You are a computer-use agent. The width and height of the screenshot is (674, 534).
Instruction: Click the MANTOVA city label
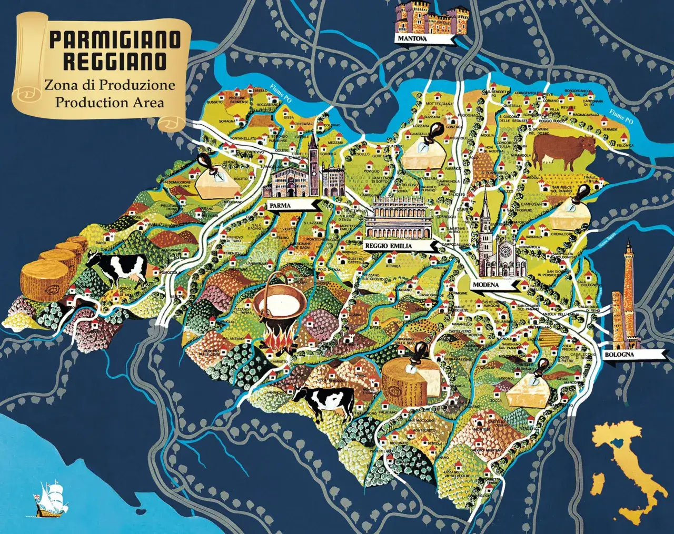tap(412, 39)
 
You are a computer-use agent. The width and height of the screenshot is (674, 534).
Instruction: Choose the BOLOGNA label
tap(619, 355)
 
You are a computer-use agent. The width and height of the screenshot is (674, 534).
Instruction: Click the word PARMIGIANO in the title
tap(115, 40)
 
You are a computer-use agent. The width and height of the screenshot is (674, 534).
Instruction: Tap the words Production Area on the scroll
tap(110, 102)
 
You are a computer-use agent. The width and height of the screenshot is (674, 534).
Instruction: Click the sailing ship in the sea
tap(48, 498)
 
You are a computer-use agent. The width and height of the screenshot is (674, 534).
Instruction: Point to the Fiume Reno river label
tap(607, 241)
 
